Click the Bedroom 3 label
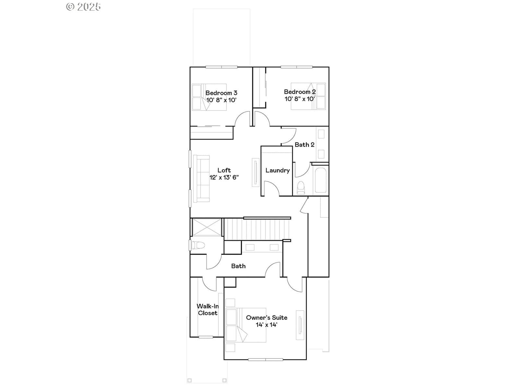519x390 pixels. (x=221, y=93)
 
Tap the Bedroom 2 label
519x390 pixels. (x=300, y=92)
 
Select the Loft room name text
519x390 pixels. (x=224, y=170)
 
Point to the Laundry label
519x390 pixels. (x=277, y=171)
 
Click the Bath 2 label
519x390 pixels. (x=304, y=145)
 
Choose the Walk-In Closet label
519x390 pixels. (x=208, y=309)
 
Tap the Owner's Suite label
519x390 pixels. (x=267, y=318)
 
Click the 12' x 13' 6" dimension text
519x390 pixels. (x=224, y=177)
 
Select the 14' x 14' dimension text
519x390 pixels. (x=267, y=325)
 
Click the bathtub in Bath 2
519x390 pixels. (x=320, y=180)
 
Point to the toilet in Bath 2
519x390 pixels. (x=301, y=188)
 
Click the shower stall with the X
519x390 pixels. (x=207, y=227)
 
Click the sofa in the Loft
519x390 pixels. (x=201, y=179)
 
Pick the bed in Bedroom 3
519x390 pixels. (x=209, y=97)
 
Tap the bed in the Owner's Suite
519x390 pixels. (x=246, y=325)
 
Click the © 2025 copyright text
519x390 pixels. (x=83, y=7)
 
